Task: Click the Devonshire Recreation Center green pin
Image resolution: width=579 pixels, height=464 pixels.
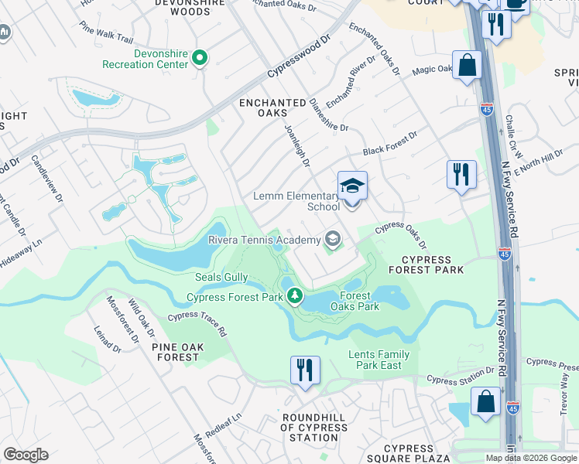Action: click(200, 58)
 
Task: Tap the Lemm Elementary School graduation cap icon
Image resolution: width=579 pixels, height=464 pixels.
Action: click(352, 186)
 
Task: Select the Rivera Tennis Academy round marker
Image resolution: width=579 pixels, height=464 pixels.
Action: click(333, 239)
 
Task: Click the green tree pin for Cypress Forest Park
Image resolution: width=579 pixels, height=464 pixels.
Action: click(294, 295)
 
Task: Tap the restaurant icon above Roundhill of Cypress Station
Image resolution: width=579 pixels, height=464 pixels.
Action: click(305, 369)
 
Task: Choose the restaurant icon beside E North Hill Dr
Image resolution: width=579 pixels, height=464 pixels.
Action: click(461, 173)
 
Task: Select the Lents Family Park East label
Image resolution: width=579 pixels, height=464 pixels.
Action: click(379, 360)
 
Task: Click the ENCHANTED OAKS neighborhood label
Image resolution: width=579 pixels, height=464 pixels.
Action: click(272, 107)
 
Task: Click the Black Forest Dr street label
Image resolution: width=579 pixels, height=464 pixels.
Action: click(390, 143)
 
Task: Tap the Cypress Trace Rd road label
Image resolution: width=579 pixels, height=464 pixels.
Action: click(197, 322)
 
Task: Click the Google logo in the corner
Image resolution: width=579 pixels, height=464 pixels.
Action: click(26, 455)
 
